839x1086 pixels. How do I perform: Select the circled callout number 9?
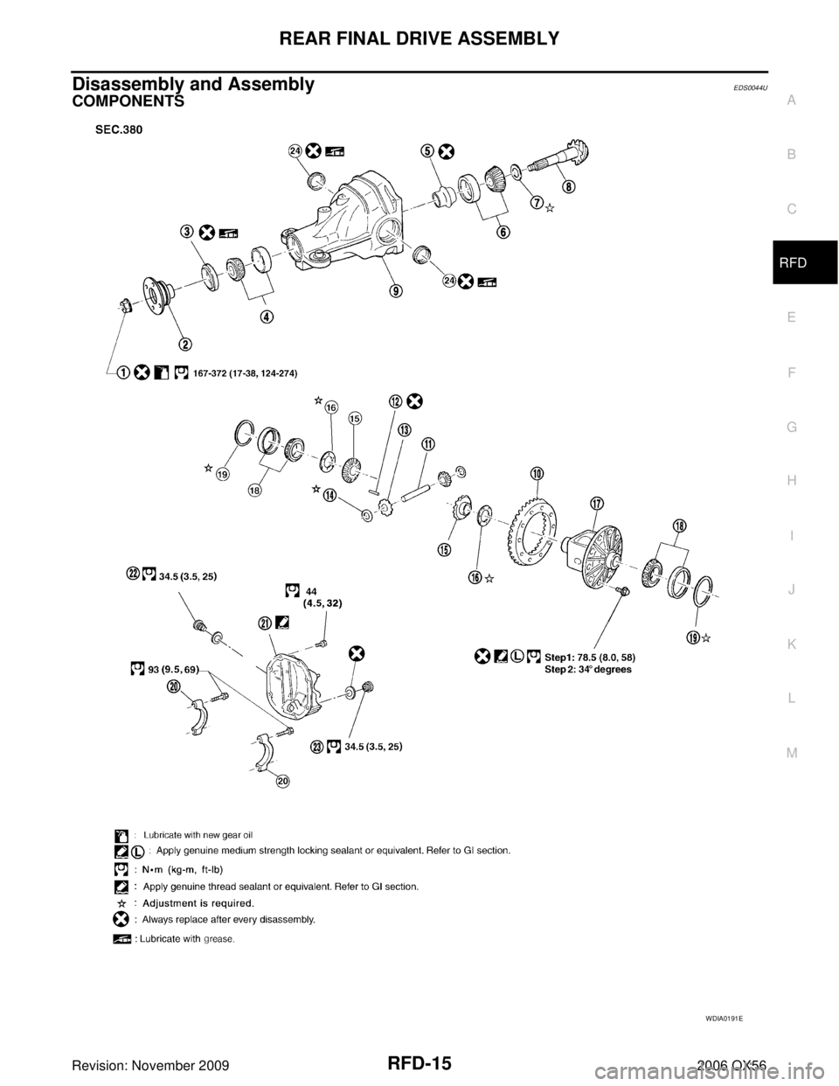click(397, 291)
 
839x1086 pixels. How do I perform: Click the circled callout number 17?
click(597, 503)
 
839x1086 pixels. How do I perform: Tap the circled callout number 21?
click(264, 622)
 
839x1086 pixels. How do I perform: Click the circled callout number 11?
click(428, 444)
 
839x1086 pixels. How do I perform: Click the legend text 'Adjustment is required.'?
click(205, 902)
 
